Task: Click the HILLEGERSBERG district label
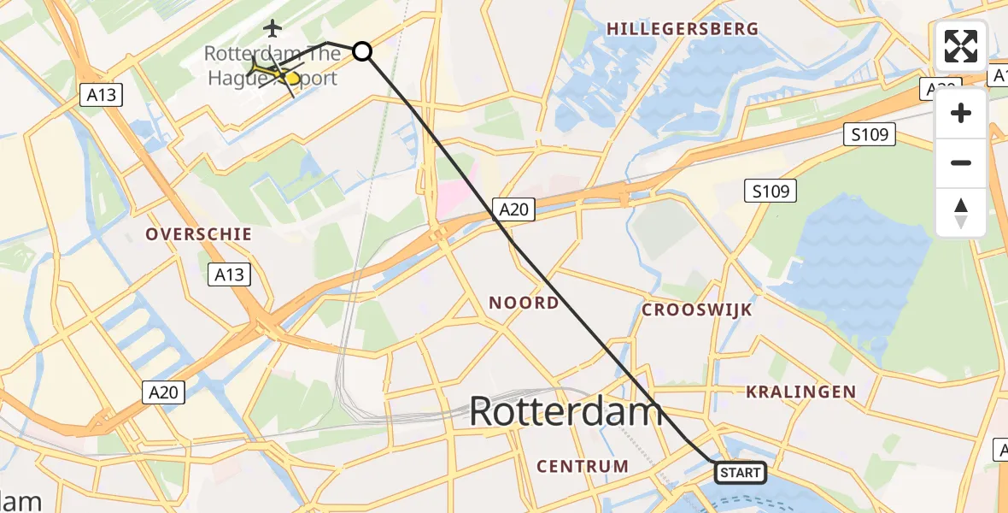pos(683,29)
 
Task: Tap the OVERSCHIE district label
pos(198,234)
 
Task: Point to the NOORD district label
pos(524,303)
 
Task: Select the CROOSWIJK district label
pos(697,310)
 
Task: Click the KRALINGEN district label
pos(800,392)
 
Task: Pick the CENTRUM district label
pos(583,466)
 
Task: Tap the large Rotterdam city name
pos(566,412)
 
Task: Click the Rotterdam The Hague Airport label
pos(272,66)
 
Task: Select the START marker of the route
pos(739,472)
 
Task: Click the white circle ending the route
pos(362,51)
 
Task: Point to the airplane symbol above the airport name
pos(273,28)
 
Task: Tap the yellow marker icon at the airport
pos(290,79)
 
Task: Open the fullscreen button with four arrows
pos(961,46)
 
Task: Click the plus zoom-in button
pos(961,114)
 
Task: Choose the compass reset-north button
pos(961,213)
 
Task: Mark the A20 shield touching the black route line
pos(513,209)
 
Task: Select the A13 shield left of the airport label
pos(103,95)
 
